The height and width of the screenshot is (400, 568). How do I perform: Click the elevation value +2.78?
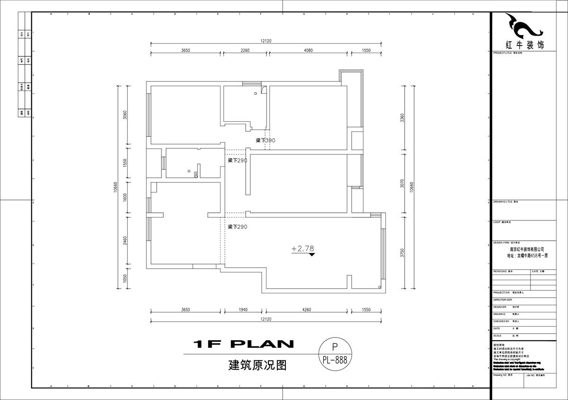pyautogui.click(x=303, y=248)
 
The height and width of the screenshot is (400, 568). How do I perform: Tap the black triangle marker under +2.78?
pyautogui.click(x=311, y=255)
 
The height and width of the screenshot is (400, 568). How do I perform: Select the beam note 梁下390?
pyautogui.click(x=265, y=141)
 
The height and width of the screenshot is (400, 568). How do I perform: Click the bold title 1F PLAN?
pyautogui.click(x=244, y=344)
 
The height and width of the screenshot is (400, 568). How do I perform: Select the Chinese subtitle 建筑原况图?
pyautogui.click(x=257, y=365)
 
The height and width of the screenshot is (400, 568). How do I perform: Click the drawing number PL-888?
pyautogui.click(x=335, y=360)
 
